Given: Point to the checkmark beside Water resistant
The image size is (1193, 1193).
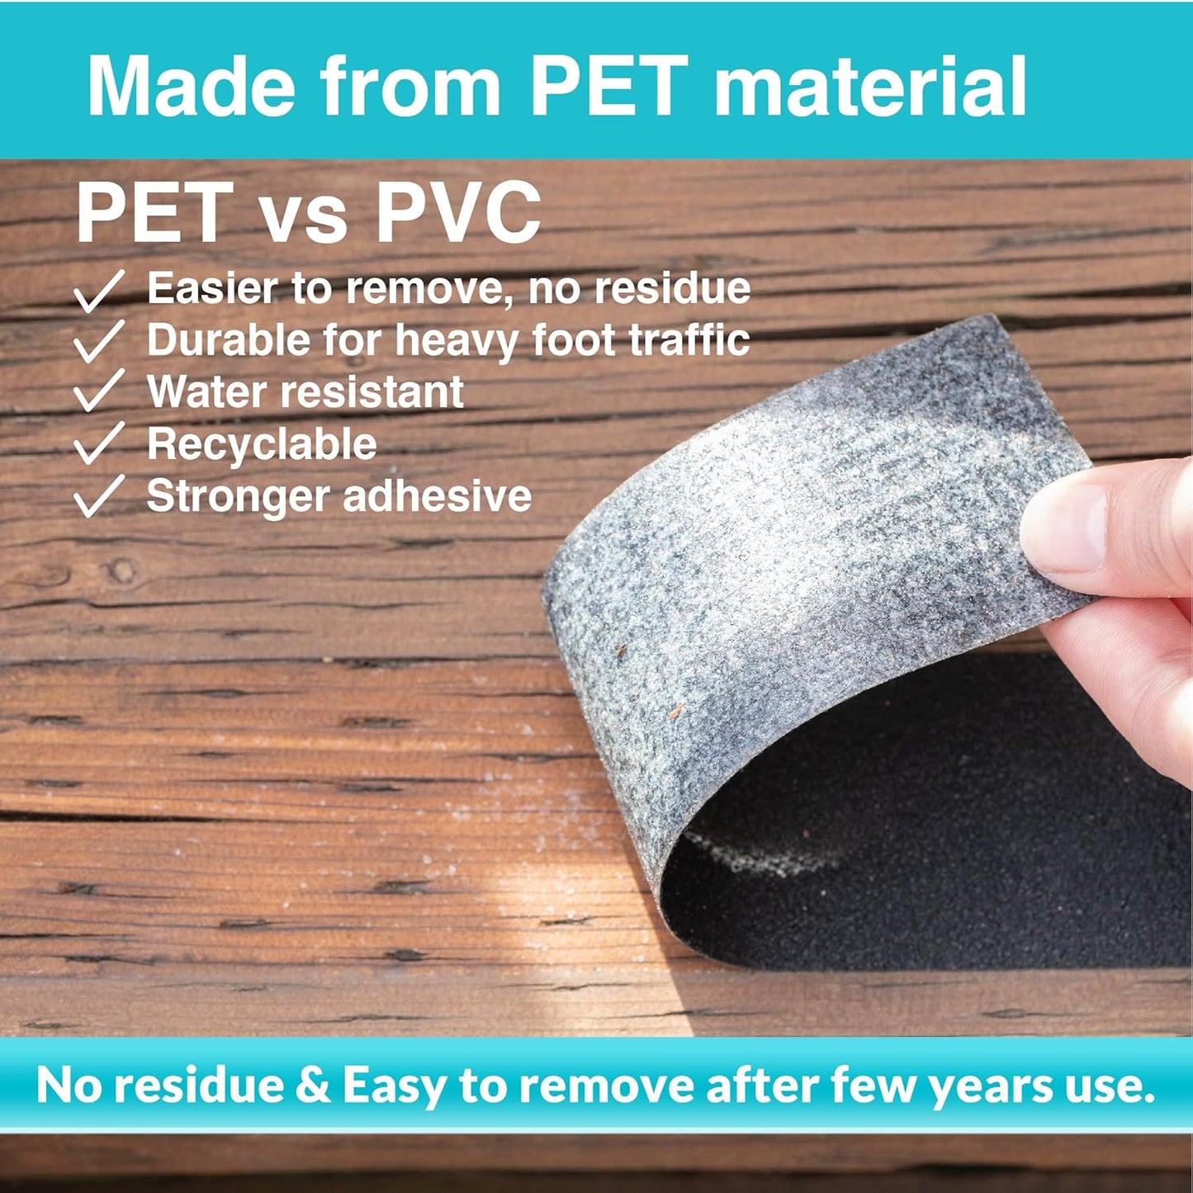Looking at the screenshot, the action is pos(98,390).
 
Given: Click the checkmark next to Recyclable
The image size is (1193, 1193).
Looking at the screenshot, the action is pos(98,443).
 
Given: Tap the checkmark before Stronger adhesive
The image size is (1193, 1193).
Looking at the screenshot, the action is pos(98,495).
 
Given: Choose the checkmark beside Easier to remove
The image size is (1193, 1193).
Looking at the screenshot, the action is pos(98,290).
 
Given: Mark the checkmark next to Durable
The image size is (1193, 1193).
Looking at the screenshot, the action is pos(98,341).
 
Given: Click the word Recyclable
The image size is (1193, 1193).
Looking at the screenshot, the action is pos(262,444).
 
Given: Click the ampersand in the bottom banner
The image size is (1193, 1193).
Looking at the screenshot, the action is pos(313,1083).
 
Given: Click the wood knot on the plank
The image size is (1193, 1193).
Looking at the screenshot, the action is pos(121,570).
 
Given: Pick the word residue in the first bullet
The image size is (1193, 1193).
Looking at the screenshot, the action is pos(672,288).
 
